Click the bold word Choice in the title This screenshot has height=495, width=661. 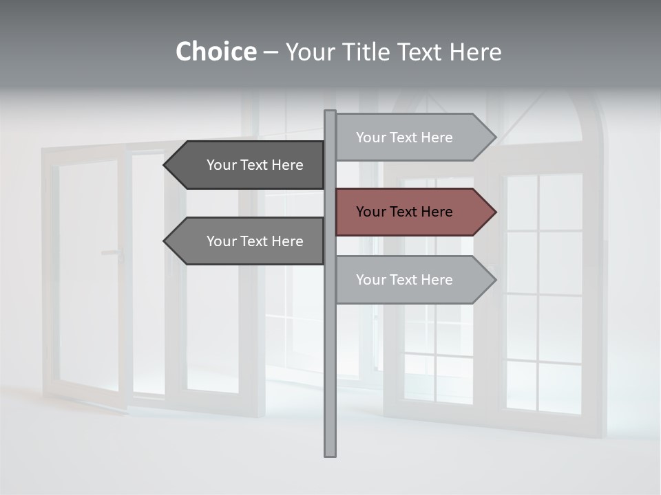point(216,52)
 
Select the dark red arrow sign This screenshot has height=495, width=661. point(413,212)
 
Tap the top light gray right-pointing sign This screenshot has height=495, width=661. point(413,137)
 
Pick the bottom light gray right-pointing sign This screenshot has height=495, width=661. point(413,280)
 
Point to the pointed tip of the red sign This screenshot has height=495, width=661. point(494,212)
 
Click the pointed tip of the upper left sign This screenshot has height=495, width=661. point(165,165)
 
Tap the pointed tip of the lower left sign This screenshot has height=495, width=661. point(165,241)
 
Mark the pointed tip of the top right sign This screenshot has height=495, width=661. point(494,137)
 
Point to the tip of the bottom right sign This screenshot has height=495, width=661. point(494,280)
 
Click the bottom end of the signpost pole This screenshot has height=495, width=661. point(330,454)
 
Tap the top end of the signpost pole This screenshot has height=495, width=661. point(330,112)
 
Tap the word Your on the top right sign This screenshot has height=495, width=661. point(371,137)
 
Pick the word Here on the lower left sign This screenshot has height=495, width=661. point(287,241)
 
